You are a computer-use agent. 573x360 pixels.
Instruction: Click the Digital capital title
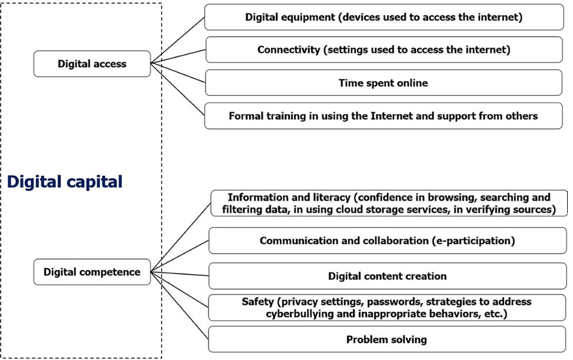tap(65, 182)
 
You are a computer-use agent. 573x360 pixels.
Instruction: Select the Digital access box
tap(92, 64)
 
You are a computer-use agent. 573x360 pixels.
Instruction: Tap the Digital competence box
tap(92, 272)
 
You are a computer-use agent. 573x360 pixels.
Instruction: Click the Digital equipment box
tap(384, 17)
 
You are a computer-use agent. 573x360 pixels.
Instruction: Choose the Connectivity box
tap(384, 49)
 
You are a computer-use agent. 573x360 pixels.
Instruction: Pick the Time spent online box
tap(384, 83)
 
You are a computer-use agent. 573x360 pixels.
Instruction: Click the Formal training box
tap(384, 116)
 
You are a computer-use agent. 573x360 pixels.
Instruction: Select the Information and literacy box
tap(389, 203)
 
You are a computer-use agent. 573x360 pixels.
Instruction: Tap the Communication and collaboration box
tap(387, 241)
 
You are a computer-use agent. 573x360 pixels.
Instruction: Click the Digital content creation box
tap(387, 276)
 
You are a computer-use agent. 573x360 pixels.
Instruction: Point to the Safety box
tap(387, 308)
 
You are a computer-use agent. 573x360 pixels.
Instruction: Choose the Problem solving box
tap(387, 339)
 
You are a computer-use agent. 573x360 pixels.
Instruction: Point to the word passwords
tap(392, 302)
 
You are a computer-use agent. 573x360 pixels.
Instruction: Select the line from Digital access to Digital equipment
tap(178, 39)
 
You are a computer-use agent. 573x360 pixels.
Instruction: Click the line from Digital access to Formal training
tap(178, 88)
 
